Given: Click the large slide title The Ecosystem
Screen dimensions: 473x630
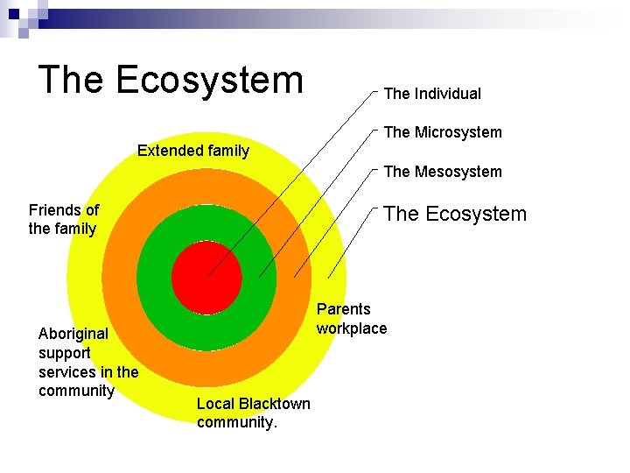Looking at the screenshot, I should [x=171, y=79].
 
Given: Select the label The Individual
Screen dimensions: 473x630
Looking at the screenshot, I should [x=432, y=93].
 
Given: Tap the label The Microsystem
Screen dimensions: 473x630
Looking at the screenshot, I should [x=443, y=132].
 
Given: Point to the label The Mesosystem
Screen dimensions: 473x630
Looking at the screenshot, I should [x=443, y=172].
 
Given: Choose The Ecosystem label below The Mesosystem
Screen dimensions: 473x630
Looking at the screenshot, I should [x=455, y=214].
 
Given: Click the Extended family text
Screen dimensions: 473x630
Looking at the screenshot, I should [x=193, y=151].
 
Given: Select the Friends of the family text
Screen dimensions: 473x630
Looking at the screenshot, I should [x=63, y=220].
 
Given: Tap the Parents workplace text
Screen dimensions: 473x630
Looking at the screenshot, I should [x=351, y=319].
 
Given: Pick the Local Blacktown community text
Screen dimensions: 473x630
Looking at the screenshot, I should [x=253, y=413].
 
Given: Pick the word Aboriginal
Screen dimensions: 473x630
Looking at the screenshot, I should [x=73, y=334].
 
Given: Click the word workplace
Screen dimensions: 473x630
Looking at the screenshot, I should [x=351, y=328].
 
